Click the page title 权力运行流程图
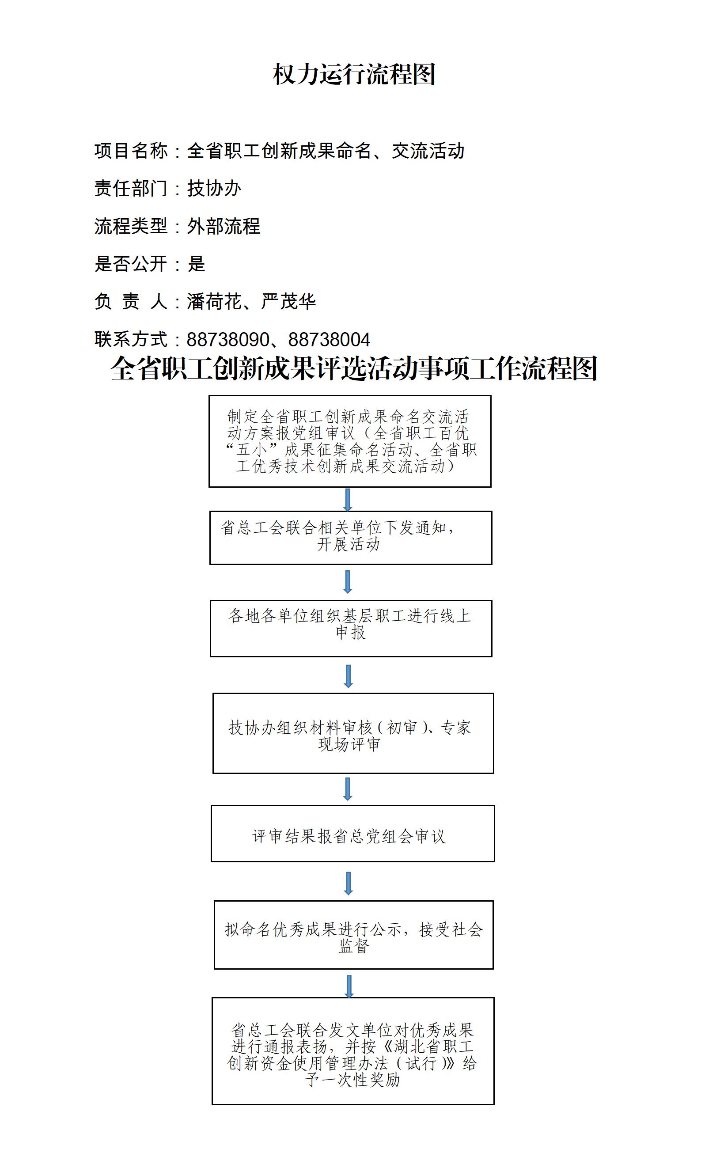click(354, 74)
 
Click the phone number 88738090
click(228, 340)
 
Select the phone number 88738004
click(329, 340)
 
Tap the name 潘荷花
click(215, 301)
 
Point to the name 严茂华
click(288, 301)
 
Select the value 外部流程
click(224, 226)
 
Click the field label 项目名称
click(131, 151)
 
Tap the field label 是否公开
click(131, 264)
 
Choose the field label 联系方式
click(131, 339)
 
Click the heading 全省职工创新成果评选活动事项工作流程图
click(354, 368)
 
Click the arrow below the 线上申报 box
click(349, 676)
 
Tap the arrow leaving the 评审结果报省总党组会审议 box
click(349, 883)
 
